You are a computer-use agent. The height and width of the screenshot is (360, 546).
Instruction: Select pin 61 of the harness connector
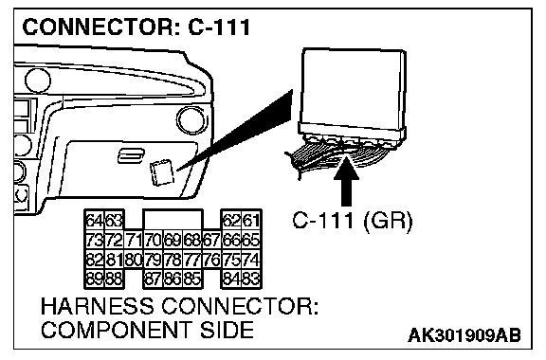click(x=251, y=221)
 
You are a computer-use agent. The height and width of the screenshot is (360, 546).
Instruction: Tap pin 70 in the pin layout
click(x=154, y=241)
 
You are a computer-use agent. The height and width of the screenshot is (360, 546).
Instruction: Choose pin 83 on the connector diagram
click(x=251, y=279)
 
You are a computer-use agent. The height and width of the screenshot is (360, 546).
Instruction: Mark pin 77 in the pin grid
click(x=192, y=261)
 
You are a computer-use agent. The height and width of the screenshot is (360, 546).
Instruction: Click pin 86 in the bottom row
click(x=173, y=279)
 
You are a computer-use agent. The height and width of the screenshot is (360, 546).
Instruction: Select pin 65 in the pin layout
click(x=251, y=241)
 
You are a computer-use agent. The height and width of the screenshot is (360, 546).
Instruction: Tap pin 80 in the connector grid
click(x=134, y=261)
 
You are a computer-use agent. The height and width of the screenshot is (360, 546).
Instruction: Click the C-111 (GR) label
click(x=352, y=221)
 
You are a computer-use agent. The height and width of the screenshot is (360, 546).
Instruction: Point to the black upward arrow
click(x=346, y=182)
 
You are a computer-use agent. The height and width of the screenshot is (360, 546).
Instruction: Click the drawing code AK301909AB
click(x=464, y=335)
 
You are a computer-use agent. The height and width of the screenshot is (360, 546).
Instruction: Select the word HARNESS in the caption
click(x=97, y=306)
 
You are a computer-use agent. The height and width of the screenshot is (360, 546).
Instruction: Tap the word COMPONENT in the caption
click(x=117, y=330)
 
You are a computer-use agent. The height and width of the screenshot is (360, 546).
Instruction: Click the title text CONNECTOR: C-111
click(x=136, y=27)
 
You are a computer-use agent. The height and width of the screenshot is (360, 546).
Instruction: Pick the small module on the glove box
click(x=161, y=172)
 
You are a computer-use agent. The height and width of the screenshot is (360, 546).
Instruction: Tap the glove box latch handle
click(x=131, y=155)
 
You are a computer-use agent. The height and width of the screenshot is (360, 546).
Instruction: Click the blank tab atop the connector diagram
click(x=173, y=220)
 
